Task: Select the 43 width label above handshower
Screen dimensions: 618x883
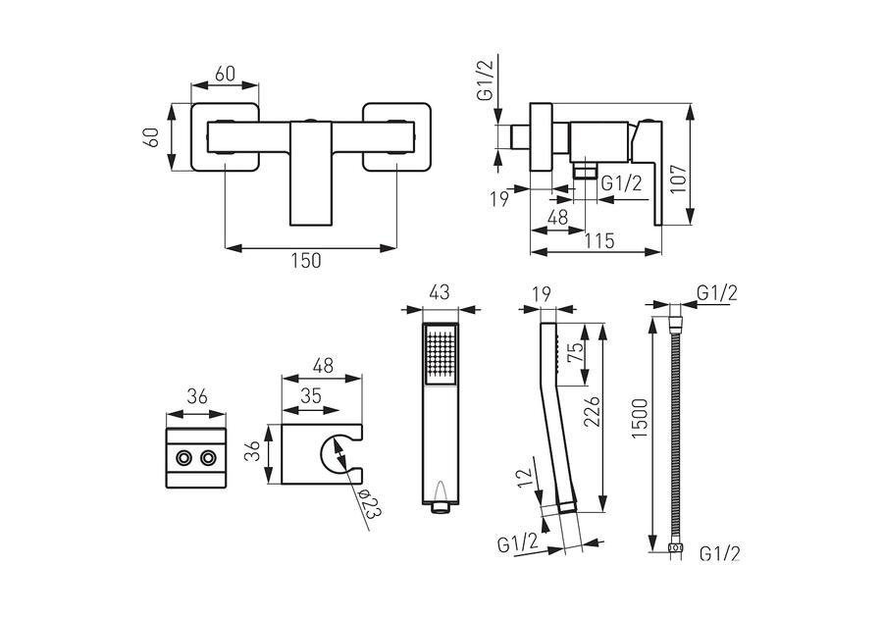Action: point(440,292)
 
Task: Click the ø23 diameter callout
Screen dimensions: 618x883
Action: point(370,504)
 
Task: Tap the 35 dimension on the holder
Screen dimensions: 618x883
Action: point(312,396)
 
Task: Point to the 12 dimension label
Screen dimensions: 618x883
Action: point(527,479)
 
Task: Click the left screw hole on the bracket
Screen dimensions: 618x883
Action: point(183,458)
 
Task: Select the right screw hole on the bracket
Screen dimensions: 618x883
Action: point(208,458)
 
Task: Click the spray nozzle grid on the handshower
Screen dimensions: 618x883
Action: point(441,353)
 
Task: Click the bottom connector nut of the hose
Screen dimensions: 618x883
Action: point(675,546)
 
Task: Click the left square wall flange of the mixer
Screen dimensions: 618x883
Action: point(226,137)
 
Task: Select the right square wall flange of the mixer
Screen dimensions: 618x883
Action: point(396,137)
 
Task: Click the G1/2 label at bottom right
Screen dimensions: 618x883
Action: point(718,554)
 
